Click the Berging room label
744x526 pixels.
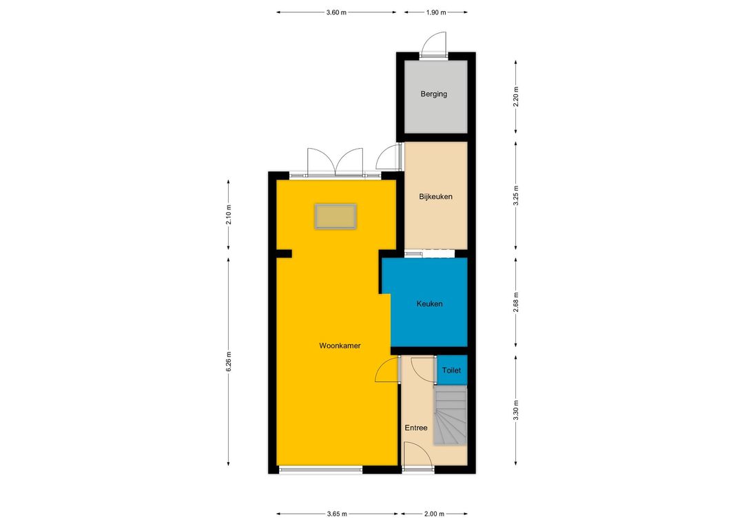tap(434, 94)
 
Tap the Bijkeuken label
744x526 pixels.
tap(435, 196)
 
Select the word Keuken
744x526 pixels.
tap(429, 304)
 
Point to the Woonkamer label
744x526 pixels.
tap(340, 346)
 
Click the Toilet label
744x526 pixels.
tap(451, 370)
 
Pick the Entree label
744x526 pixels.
tap(416, 428)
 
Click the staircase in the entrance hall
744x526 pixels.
tap(450, 415)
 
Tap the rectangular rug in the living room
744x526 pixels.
tap(335, 216)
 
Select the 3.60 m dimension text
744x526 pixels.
tap(336, 12)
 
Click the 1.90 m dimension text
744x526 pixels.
tap(436, 12)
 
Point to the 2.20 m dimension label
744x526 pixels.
tap(516, 97)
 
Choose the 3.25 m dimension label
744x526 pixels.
tap(516, 196)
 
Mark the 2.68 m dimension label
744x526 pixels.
tap(516, 302)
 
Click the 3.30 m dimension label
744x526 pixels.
tap(516, 410)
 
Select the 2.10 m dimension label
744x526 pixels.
tap(229, 214)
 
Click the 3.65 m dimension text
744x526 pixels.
tap(337, 514)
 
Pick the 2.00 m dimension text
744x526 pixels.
tap(434, 514)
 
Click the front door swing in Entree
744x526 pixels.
tap(417, 456)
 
